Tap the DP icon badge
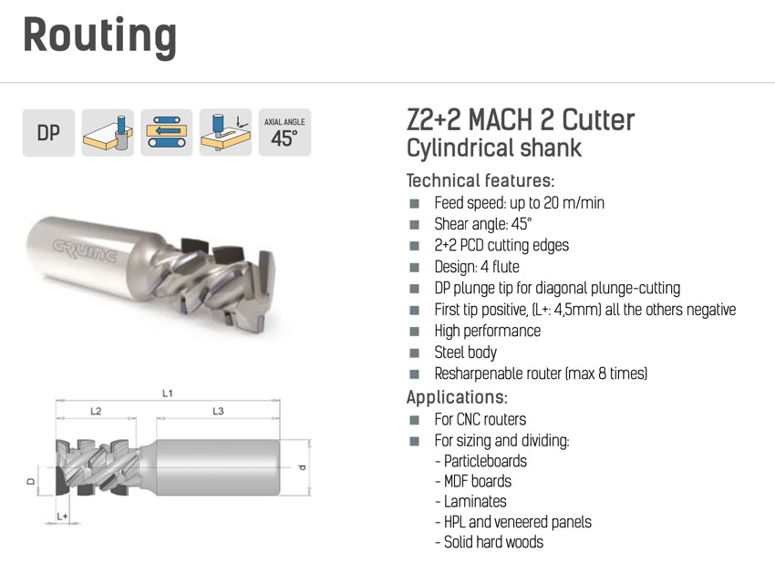[x=48, y=133]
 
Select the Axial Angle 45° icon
[x=284, y=133]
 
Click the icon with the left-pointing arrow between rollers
[x=167, y=133]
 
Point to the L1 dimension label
[x=168, y=394]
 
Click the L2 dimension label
[x=96, y=411]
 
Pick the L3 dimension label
[x=218, y=411]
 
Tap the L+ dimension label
[x=62, y=517]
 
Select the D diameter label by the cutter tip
[x=31, y=481]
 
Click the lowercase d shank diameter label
[x=303, y=467]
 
